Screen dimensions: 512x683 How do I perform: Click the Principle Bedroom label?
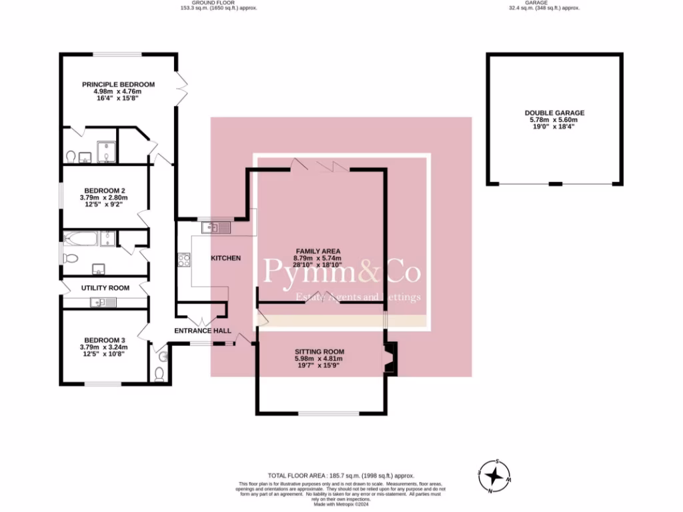pyautogui.click(x=118, y=85)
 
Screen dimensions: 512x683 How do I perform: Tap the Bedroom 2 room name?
pyautogui.click(x=103, y=191)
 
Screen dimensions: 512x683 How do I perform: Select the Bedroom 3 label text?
pyautogui.click(x=103, y=339)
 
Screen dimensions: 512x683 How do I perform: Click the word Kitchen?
pyautogui.click(x=225, y=258)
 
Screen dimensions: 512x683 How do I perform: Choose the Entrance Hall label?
pyautogui.click(x=203, y=331)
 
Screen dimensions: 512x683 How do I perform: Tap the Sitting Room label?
pyautogui.click(x=319, y=351)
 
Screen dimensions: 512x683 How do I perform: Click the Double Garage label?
pyautogui.click(x=554, y=113)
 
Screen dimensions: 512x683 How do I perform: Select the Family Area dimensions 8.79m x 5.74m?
pyautogui.click(x=318, y=258)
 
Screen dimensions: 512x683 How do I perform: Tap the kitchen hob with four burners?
pyautogui.click(x=183, y=259)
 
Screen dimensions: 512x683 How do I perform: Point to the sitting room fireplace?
pyautogui.click(x=390, y=359)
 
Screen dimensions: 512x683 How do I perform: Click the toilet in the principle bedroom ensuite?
pyautogui.click(x=71, y=157)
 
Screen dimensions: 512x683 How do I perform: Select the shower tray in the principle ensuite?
pyautogui.click(x=105, y=151)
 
